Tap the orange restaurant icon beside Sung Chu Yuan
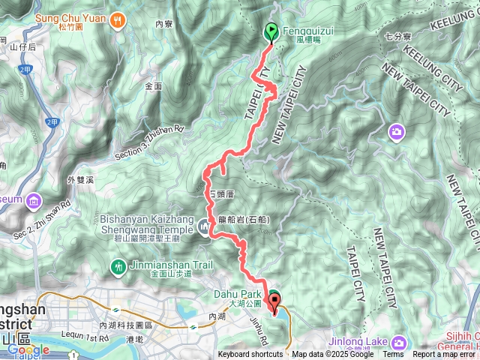116,20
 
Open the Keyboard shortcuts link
250,355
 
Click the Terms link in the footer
393,355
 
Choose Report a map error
445,355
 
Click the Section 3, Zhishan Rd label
150,142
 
